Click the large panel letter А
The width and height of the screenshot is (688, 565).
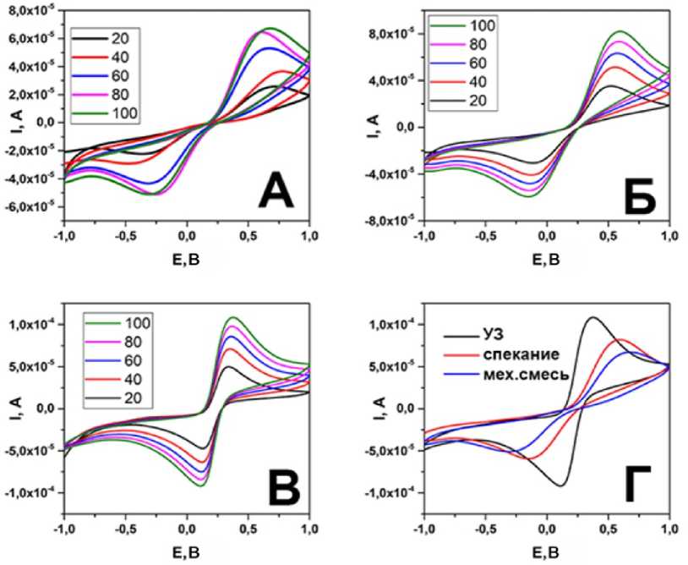point(265,188)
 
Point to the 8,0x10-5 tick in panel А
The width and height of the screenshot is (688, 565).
point(30,9)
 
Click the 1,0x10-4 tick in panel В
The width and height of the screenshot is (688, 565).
point(30,325)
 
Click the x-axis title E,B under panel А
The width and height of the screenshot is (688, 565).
point(187,254)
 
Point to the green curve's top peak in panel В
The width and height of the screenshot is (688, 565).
point(232,318)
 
